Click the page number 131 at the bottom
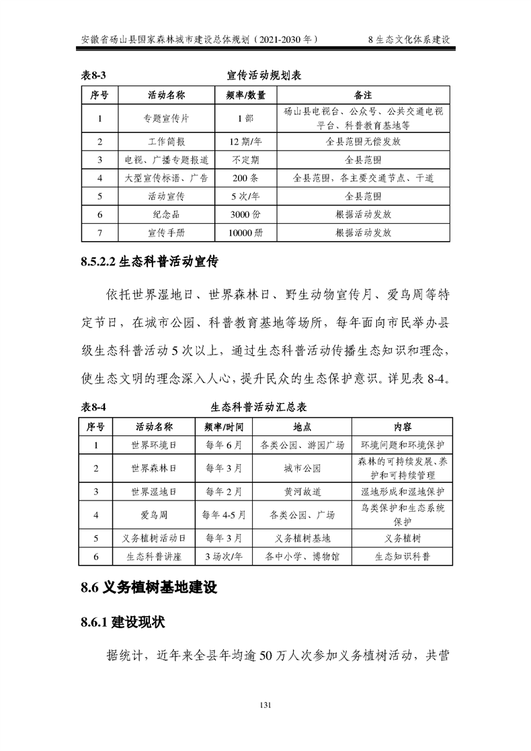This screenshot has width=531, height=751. (x=265, y=705)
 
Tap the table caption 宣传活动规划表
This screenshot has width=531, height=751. (x=264, y=76)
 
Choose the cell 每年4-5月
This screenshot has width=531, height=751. (x=224, y=515)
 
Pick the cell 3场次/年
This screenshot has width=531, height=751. (x=224, y=557)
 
